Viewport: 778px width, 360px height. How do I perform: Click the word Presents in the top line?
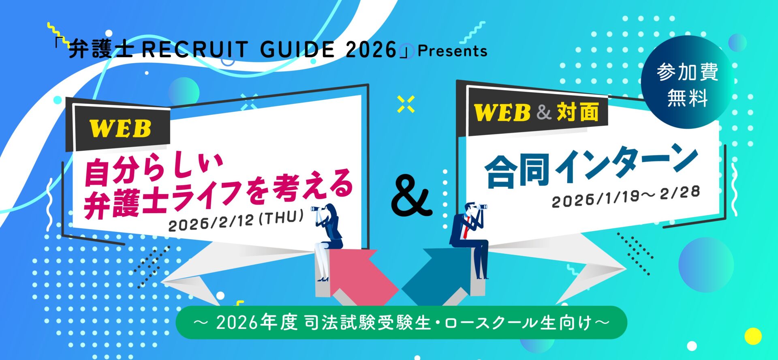point(452,51)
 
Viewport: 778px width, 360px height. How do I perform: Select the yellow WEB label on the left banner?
point(120,129)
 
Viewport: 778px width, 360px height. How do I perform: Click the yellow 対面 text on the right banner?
point(578,112)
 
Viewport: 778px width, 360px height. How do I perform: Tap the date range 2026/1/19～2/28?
point(626,197)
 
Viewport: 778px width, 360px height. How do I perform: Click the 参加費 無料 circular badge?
point(687,82)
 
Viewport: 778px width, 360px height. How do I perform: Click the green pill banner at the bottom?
point(401,323)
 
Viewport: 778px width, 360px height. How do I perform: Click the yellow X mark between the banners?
point(406,104)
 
